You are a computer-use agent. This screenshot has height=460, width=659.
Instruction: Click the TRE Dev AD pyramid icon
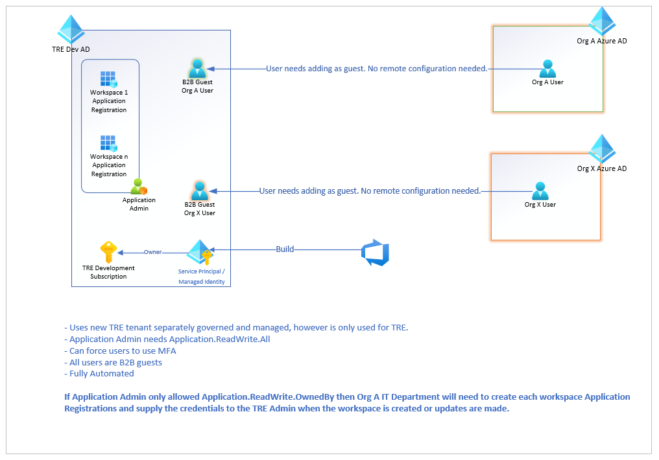pos(71,29)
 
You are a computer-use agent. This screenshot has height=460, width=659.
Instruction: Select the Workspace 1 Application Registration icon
pos(108,79)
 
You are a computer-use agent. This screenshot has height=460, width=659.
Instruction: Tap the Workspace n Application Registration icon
pos(108,143)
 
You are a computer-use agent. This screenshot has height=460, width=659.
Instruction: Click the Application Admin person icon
pos(139,187)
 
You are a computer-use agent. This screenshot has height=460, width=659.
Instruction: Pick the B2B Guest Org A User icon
pos(197,68)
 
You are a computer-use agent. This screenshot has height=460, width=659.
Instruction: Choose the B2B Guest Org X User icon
pos(199,191)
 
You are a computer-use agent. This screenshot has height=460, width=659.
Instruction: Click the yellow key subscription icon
pos(108,252)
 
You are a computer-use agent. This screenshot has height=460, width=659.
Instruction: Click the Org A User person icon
pos(547,69)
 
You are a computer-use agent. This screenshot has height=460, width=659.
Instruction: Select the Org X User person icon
pos(540,191)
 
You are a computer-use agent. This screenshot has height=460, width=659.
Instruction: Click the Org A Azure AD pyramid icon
pos(602,21)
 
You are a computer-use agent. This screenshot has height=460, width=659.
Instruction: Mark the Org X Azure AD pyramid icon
pos(602,149)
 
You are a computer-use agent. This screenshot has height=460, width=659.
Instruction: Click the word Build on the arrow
pos(285,249)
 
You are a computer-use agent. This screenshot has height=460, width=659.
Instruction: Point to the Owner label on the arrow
pos(152,252)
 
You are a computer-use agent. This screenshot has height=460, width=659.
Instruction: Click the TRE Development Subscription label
pos(108,272)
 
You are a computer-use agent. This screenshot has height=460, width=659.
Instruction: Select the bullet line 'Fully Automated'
pos(101,373)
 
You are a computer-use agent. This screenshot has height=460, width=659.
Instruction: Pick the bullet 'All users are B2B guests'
pos(115,362)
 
